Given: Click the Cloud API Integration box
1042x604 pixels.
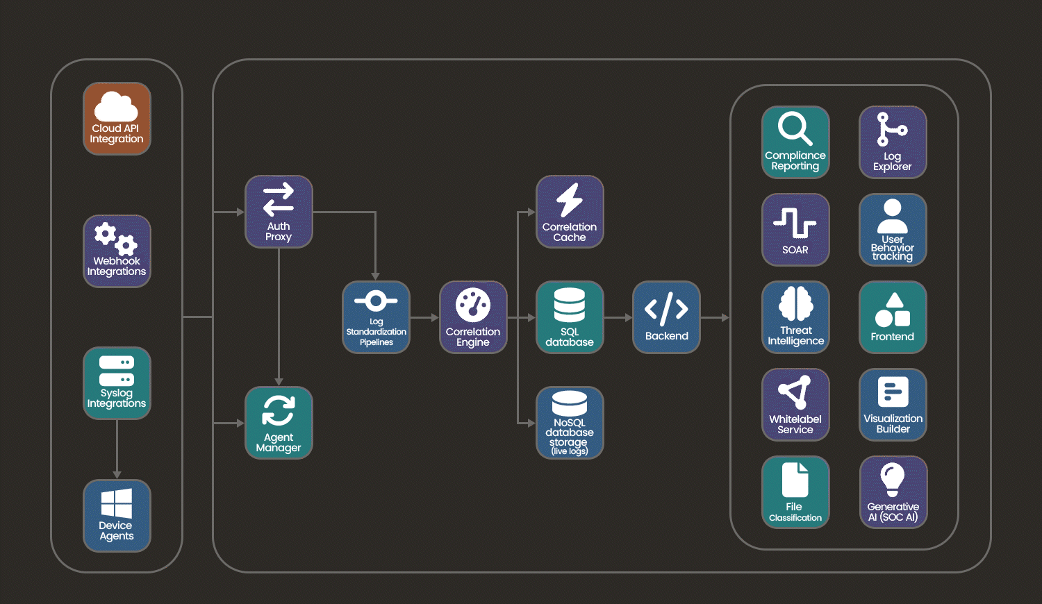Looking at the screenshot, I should [x=117, y=119].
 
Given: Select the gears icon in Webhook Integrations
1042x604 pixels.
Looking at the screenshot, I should [x=116, y=239].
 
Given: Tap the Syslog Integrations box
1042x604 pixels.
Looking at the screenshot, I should [x=117, y=383].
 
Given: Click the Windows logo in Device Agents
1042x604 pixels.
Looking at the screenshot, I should [x=117, y=503].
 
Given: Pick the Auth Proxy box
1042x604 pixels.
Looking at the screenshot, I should [x=279, y=212].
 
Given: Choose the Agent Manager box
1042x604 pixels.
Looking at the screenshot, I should [x=279, y=423].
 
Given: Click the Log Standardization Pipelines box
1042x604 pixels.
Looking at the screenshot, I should [x=376, y=317].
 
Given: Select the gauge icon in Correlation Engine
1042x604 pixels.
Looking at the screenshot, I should [x=473, y=305].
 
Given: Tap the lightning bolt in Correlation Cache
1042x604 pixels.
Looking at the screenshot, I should [x=570, y=200].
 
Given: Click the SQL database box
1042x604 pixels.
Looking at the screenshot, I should [x=570, y=317].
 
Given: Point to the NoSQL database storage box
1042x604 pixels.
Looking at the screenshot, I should [x=570, y=423].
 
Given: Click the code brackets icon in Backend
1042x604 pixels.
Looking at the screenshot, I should [x=666, y=309].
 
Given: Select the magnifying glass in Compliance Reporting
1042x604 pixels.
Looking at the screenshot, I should [x=795, y=128].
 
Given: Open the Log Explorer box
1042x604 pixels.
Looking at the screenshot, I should [x=893, y=142].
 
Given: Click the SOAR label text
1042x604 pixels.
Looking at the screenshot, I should [x=795, y=250].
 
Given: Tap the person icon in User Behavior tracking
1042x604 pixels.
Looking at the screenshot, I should [x=893, y=217].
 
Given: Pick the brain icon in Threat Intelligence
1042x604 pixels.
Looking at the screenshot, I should [x=795, y=303].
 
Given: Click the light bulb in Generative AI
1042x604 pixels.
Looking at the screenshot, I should [x=893, y=479].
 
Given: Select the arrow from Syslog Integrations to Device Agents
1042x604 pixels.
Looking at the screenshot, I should [x=117, y=448].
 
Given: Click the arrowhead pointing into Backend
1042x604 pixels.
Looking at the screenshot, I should [x=628, y=317].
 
